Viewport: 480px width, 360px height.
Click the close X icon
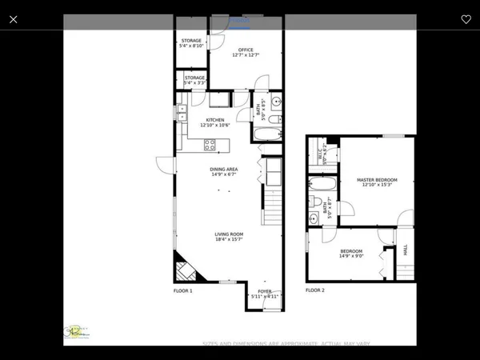[13, 19]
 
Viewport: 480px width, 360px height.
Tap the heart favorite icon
[466, 19]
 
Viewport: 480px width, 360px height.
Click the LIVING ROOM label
[228, 234]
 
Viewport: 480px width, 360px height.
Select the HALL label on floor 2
[406, 250]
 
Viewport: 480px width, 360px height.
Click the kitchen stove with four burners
[210, 145]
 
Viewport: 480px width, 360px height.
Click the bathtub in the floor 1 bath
[270, 126]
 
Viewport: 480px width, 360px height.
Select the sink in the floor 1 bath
[274, 102]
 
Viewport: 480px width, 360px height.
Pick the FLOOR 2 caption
[315, 290]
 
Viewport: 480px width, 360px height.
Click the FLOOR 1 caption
[183, 290]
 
